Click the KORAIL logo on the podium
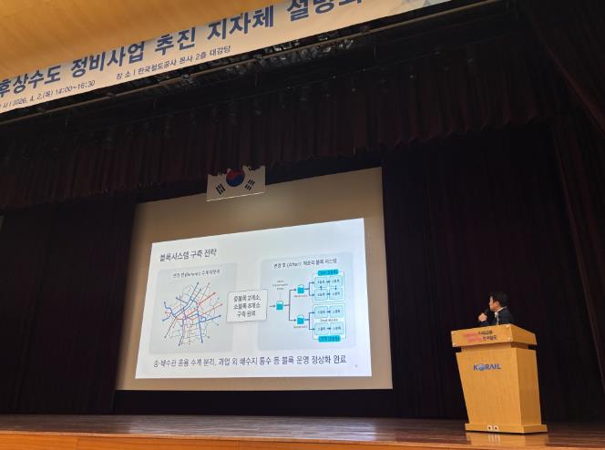[487, 367]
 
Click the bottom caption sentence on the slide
[249, 362]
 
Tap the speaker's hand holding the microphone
[483, 316]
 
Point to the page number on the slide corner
[355, 368]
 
